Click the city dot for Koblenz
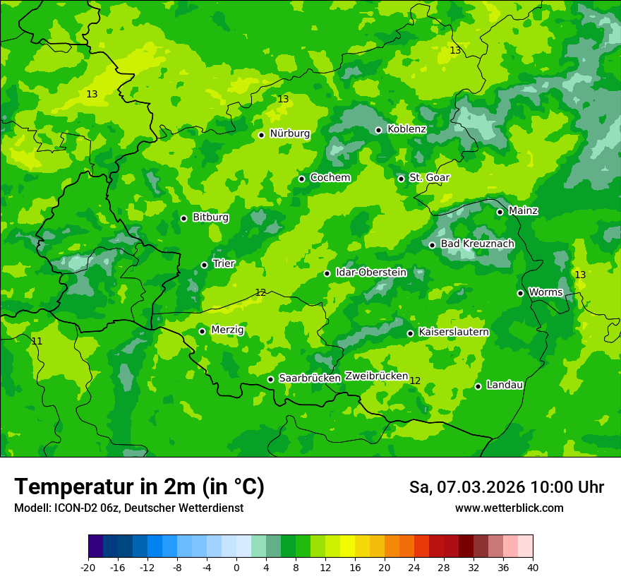click(378, 130)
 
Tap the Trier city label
click(224, 263)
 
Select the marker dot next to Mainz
click(500, 212)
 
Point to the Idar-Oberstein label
click(371, 273)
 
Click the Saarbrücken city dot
click(270, 379)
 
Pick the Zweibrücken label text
click(376, 376)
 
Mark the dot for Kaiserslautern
click(410, 333)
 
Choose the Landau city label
click(505, 385)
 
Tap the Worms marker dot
click(520, 293)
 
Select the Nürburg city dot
click(261, 135)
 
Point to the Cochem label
click(330, 177)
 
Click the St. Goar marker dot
click(401, 179)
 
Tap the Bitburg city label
click(210, 217)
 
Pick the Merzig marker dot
click(202, 331)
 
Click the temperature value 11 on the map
click(37, 341)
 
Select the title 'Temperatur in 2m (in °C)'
click(139, 487)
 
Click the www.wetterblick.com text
click(509, 508)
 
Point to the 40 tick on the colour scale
click(533, 567)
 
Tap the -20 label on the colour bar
click(88, 567)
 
